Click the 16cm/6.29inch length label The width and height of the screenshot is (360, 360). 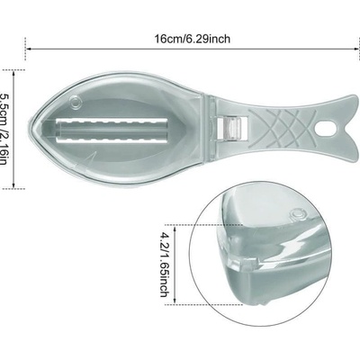tap(193, 39)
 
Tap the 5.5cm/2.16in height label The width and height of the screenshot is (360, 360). tap(4, 130)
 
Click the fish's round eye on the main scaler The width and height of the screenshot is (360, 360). tap(76, 102)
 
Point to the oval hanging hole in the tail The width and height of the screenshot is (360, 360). tap(325, 128)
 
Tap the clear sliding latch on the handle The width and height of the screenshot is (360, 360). tap(232, 128)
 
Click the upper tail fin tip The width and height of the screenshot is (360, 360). tap(356, 97)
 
